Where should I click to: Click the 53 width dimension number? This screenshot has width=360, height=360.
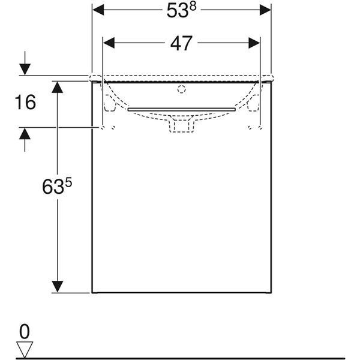tap(178, 11)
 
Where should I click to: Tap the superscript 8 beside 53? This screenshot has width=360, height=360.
tap(193, 7)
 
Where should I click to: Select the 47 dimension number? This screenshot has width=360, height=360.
tap(181, 43)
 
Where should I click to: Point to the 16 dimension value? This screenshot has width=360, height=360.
tap(25, 102)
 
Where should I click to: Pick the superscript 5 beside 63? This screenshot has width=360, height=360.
tap(68, 183)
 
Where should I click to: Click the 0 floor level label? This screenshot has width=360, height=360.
tap(25, 332)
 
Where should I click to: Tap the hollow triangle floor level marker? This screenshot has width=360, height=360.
tap(25, 349)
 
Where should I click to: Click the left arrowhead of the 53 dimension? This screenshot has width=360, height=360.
tap(98, 10)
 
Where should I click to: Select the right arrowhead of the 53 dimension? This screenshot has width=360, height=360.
tap(265, 10)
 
